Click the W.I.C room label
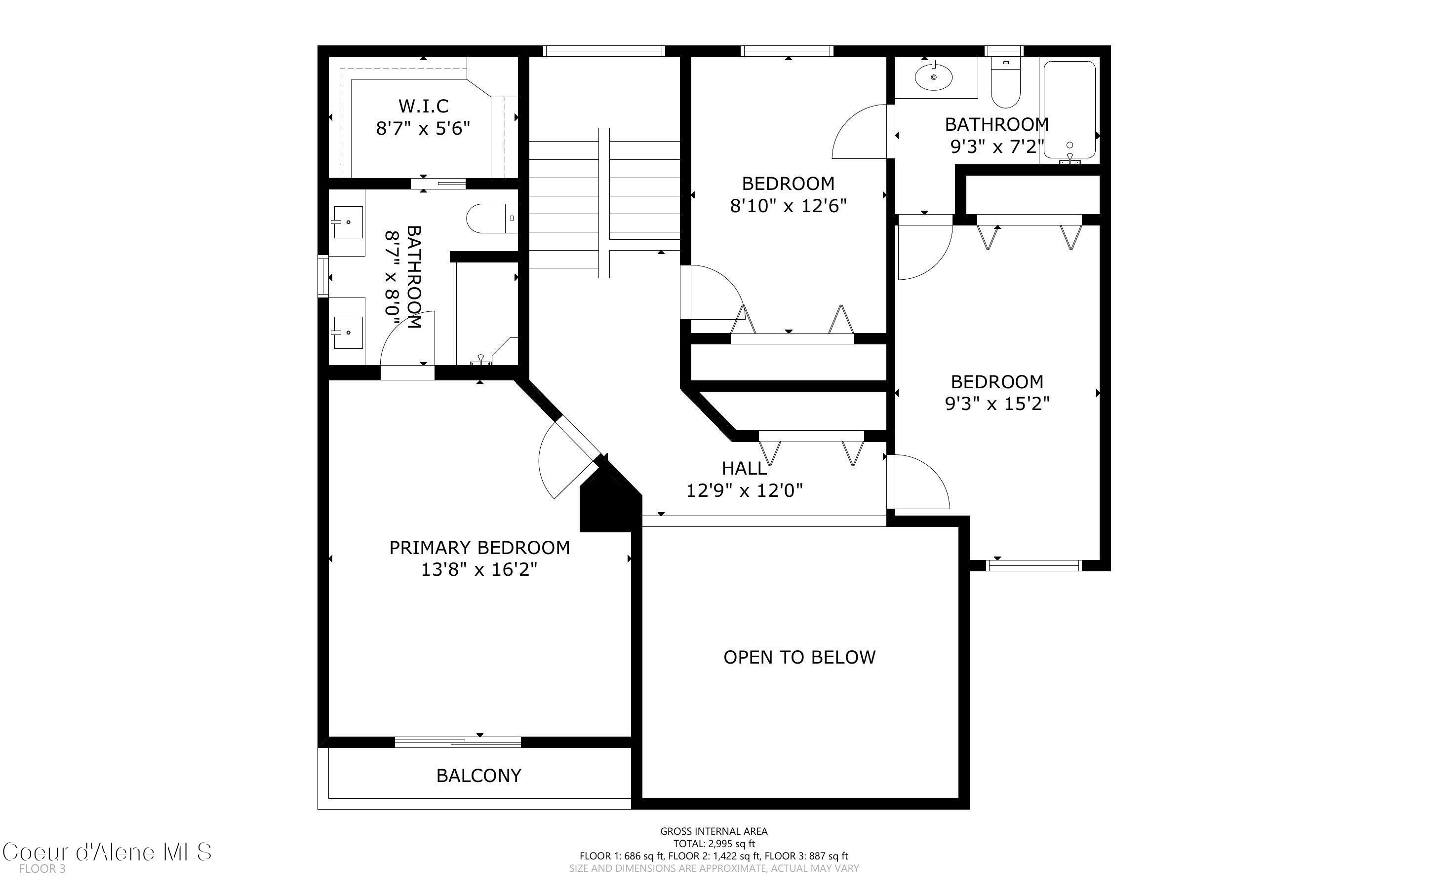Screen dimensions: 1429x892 pos(423,106)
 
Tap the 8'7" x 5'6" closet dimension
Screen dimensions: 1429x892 pos(423,128)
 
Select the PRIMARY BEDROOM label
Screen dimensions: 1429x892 pos(479,548)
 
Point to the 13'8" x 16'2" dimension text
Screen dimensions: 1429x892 pos(479,570)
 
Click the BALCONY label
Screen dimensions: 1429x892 pos(478,775)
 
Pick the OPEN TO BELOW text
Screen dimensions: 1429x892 pos(799,657)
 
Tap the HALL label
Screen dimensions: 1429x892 pos(744,468)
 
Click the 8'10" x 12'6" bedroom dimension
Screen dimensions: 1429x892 pos(789,206)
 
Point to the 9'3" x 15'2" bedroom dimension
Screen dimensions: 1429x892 pos(997,404)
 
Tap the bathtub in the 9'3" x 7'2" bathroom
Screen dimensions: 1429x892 pos(1070,111)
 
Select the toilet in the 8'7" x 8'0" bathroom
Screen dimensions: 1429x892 pos(492,218)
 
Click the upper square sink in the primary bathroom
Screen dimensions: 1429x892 pos(348,222)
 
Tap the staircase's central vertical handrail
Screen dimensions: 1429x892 pos(604,203)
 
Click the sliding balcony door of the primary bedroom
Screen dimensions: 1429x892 pos(457,742)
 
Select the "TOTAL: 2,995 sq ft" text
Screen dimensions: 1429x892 pos(714,844)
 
